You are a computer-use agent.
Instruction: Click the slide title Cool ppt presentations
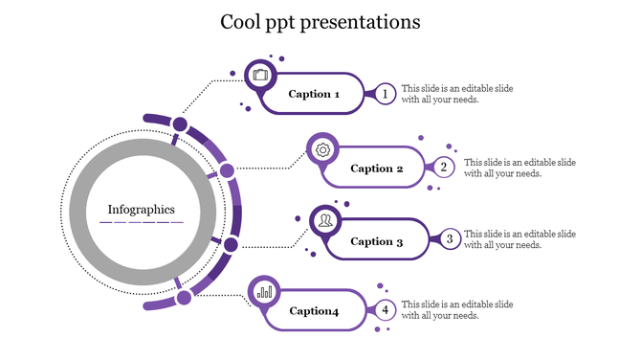click(x=320, y=21)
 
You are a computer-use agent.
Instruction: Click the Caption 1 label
click(x=315, y=95)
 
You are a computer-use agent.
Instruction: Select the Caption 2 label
click(x=378, y=169)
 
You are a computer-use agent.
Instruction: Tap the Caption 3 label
click(x=378, y=241)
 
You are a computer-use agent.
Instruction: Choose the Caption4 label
click(x=315, y=311)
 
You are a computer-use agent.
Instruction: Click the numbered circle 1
click(x=385, y=94)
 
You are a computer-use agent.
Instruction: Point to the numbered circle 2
click(x=444, y=168)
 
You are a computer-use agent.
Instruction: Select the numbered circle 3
click(x=449, y=239)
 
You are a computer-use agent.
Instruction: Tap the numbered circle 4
click(x=385, y=310)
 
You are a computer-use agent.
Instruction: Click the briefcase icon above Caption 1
click(x=261, y=75)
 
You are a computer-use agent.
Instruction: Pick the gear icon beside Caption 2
click(x=323, y=149)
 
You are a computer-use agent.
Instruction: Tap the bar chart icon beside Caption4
click(x=265, y=291)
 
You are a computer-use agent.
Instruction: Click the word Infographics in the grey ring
click(x=142, y=209)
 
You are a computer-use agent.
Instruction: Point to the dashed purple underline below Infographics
click(x=142, y=222)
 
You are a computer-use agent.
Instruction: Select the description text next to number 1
click(x=456, y=94)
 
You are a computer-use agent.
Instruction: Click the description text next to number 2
click(x=519, y=168)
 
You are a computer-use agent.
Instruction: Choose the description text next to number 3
click(x=519, y=239)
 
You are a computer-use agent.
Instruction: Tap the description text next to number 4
click(x=456, y=310)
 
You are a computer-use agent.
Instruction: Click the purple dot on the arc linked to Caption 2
click(x=227, y=171)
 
